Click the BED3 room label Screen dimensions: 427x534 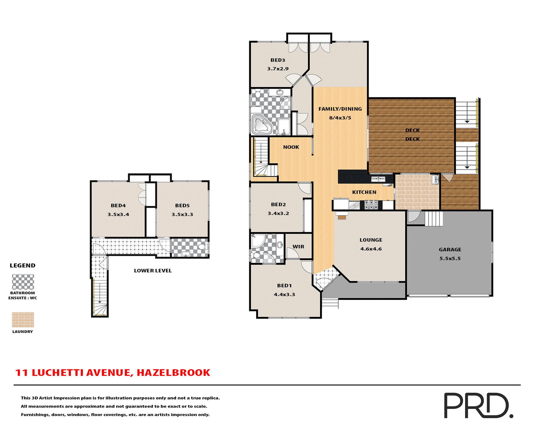[278, 60]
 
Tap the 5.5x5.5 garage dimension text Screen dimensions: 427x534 [450, 258]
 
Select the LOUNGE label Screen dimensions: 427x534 [371, 240]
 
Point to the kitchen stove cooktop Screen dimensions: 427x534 [371, 205]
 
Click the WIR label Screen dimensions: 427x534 [298, 247]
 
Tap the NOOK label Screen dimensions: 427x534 [291, 147]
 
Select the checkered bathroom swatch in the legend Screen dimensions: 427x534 [23, 282]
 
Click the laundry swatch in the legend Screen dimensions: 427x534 [23, 320]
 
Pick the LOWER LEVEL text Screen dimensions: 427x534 [153, 270]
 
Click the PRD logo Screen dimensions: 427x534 [478, 405]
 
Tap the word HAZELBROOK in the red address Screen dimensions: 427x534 [173, 373]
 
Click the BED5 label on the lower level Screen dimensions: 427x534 [182, 205]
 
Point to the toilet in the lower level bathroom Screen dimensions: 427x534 [202, 247]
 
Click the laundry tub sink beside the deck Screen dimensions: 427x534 [435, 179]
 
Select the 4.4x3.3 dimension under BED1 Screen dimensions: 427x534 [284, 294]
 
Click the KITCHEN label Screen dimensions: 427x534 [364, 192]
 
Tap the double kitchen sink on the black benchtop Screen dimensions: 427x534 [378, 179]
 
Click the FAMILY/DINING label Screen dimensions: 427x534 [340, 109]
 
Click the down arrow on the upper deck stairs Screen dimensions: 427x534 [467, 121]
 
